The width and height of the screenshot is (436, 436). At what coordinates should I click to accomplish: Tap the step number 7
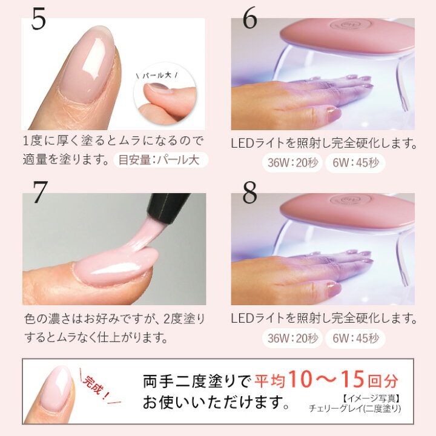(40, 192)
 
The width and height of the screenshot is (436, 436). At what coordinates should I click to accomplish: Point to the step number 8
(250, 192)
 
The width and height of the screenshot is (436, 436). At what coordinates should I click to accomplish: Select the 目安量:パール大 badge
(160, 160)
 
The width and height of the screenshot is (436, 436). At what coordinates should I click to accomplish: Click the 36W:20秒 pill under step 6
(290, 162)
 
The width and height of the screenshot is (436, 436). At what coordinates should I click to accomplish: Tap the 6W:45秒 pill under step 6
(355, 162)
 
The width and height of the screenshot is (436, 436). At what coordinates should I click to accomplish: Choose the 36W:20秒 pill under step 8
(290, 338)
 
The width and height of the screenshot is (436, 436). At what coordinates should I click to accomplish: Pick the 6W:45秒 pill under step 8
(355, 338)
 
